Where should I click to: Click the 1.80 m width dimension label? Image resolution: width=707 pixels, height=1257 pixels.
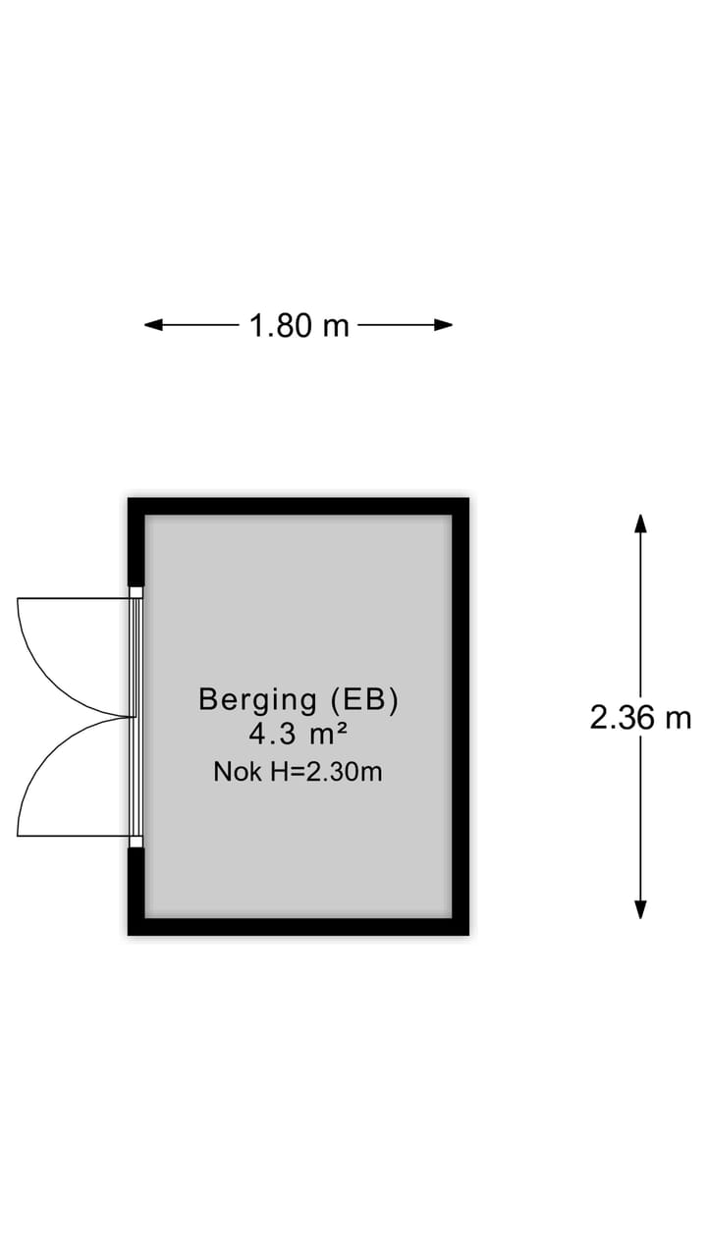tap(299, 325)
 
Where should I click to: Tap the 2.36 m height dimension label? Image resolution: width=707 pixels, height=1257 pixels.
tap(640, 718)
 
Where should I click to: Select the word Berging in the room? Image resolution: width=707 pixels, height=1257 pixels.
tap(258, 701)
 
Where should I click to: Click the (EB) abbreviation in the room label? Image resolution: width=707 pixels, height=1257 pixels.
tap(364, 700)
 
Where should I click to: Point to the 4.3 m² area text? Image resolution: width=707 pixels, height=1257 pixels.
tap(299, 734)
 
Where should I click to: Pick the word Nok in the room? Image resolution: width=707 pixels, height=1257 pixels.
tap(238, 772)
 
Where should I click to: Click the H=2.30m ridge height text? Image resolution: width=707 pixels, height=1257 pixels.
tap(327, 772)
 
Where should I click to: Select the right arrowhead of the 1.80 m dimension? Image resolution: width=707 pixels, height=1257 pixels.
tap(443, 324)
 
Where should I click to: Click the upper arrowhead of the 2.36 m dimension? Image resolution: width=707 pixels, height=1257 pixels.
tap(640, 523)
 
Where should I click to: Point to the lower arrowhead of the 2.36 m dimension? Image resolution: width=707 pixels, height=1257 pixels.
tap(640, 909)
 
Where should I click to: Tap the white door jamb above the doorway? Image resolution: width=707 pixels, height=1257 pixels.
tap(136, 592)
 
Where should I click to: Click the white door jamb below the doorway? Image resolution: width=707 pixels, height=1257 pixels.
tap(136, 842)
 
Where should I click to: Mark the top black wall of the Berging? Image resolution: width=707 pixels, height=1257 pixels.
tap(299, 506)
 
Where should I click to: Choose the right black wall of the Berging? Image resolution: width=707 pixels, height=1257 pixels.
tap(461, 717)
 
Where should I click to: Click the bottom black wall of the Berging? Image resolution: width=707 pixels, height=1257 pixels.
tap(299, 927)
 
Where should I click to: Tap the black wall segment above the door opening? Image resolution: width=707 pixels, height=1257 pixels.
tap(136, 542)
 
